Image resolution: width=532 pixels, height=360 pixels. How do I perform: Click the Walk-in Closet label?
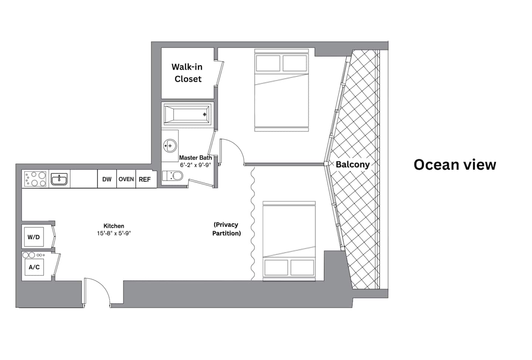click(187, 73)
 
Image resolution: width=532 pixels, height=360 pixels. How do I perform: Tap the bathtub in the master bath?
click(187, 114)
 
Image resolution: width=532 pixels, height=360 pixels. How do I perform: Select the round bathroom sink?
click(170, 145)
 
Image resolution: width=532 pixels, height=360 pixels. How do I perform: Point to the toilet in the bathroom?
click(173, 176)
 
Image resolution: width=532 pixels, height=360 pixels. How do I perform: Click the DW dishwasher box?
click(107, 179)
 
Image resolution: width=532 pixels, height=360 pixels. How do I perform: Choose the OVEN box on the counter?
click(126, 179)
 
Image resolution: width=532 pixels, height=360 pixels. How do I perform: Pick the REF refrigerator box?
click(145, 179)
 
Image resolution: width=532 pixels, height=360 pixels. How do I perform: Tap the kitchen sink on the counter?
click(59, 179)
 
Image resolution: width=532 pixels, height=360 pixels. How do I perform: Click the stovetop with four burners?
click(35, 179)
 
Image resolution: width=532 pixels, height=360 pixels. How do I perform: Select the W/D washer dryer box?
click(34, 237)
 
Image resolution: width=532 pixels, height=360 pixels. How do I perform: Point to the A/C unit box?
click(34, 267)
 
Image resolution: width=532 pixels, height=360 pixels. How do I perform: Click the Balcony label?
click(353, 164)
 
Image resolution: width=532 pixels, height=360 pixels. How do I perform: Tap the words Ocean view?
click(455, 164)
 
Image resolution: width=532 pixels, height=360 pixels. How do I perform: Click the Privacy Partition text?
click(226, 229)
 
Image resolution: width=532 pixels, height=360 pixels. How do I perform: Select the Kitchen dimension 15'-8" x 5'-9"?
click(114, 233)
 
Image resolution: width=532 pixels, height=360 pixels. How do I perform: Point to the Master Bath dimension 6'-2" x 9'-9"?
click(195, 165)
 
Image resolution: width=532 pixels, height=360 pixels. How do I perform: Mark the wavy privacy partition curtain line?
click(253, 224)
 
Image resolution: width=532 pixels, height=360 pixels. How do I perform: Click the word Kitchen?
click(114, 226)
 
